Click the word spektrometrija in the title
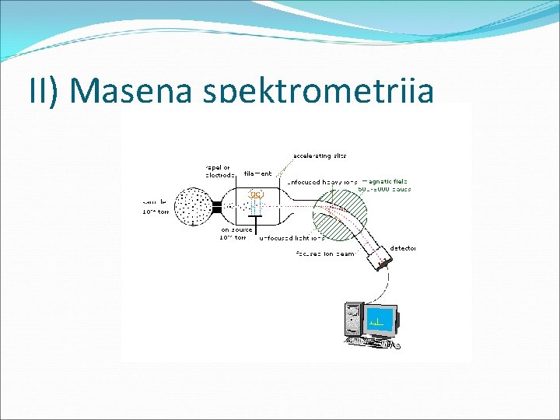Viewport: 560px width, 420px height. tap(317, 92)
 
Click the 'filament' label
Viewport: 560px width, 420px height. tap(257, 173)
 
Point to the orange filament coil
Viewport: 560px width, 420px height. tap(256, 194)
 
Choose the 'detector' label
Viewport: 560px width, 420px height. tap(404, 248)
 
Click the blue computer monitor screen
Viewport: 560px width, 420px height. tap(379, 320)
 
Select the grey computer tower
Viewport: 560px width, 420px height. tap(354, 321)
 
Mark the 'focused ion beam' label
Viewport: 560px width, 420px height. tap(325, 254)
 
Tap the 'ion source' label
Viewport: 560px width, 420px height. tap(234, 233)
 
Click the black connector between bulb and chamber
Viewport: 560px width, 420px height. tap(217, 208)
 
